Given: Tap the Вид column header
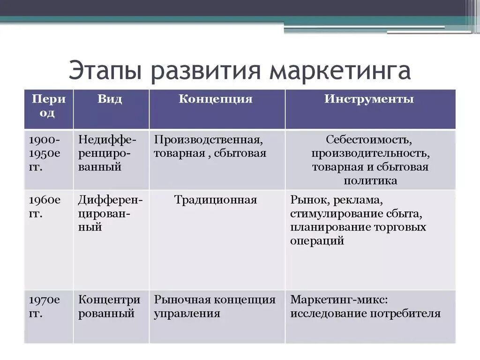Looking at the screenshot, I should coord(110,99).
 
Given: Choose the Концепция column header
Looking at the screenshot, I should coord(216,99).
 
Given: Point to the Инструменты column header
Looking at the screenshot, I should coord(369,99).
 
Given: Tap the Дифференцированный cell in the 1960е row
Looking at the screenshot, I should coord(111,214).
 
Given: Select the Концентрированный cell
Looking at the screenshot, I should coord(109,307).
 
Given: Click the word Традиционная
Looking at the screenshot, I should coord(216,200).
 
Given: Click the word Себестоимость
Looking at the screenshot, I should coord(369,140).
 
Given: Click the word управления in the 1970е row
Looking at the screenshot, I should coord(187,314).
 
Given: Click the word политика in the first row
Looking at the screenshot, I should coord(370,180).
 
